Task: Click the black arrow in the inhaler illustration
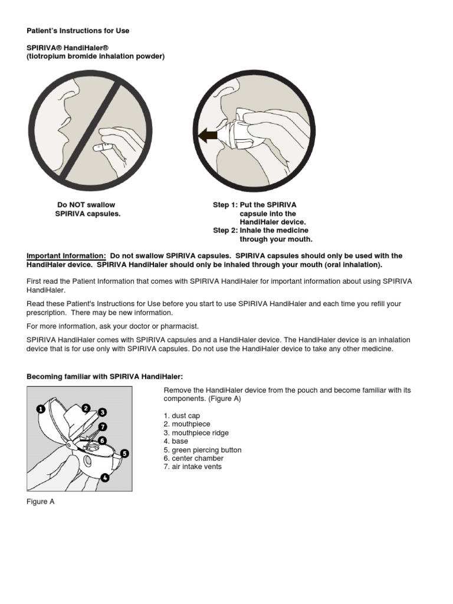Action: tap(208, 137)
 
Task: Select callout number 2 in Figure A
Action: tap(86, 408)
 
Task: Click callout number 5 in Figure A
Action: tap(124, 454)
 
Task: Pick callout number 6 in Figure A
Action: tap(102, 439)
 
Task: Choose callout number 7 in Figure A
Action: tap(103, 426)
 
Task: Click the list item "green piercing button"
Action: tap(202, 450)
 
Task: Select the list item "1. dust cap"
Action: tap(182, 416)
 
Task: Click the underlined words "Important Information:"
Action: tap(66, 256)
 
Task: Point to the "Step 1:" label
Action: tap(225, 205)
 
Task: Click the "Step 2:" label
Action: tap(225, 231)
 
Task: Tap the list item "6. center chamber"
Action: tap(193, 458)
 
